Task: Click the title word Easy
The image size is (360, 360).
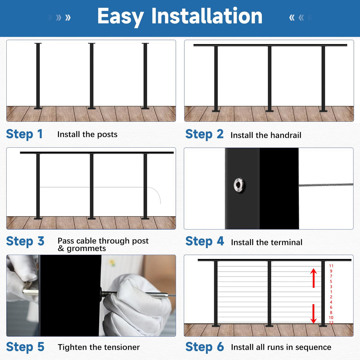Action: [x=120, y=17]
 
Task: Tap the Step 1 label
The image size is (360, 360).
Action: [x=24, y=134]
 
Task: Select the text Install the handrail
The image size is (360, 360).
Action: [x=266, y=135]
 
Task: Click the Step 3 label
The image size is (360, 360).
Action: [x=25, y=241]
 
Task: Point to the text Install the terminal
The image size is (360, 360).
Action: [x=266, y=242]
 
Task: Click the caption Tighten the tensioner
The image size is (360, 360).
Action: [x=98, y=347]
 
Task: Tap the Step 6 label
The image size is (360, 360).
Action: [x=204, y=347]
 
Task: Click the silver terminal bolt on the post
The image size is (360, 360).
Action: [x=239, y=185]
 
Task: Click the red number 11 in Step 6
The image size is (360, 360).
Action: [x=331, y=266]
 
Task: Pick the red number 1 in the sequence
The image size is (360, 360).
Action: [x=331, y=292]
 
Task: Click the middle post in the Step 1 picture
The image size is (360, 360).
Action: [x=92, y=76]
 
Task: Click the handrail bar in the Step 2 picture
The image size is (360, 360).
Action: [x=270, y=45]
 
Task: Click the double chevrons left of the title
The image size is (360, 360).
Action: [x=63, y=17]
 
